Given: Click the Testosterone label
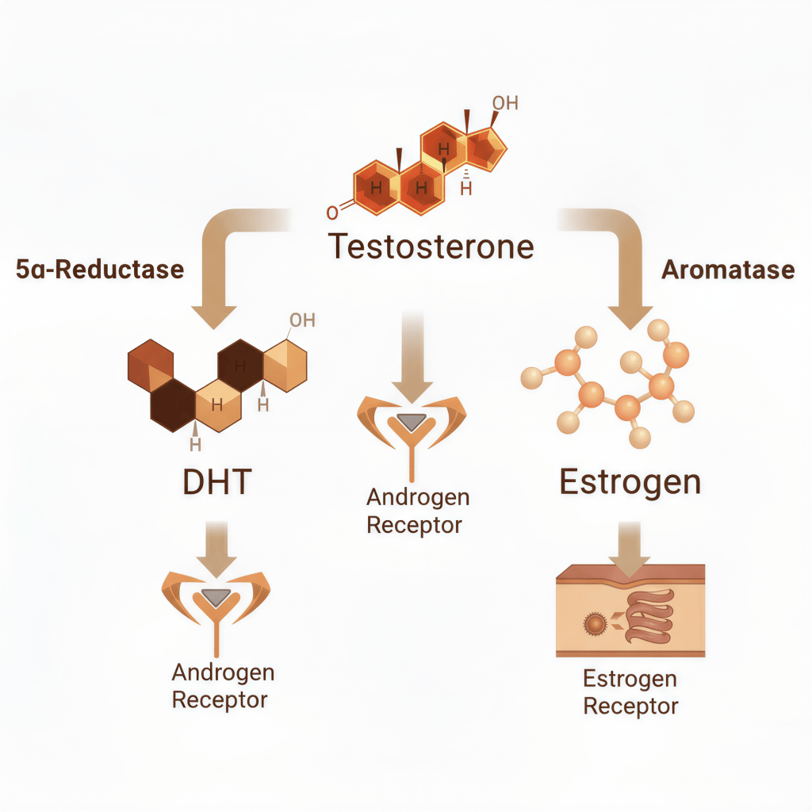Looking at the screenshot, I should [431, 247].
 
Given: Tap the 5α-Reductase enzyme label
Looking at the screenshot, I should [100, 270].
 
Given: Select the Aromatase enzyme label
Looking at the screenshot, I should [728, 270].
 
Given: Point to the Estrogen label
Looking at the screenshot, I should [630, 482].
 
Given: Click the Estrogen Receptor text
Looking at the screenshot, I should [630, 692].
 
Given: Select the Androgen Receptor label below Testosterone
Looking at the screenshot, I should [418, 511].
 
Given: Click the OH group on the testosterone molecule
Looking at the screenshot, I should [504, 103].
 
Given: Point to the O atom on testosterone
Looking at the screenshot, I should [332, 212].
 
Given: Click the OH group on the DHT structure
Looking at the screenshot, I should [302, 320].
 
